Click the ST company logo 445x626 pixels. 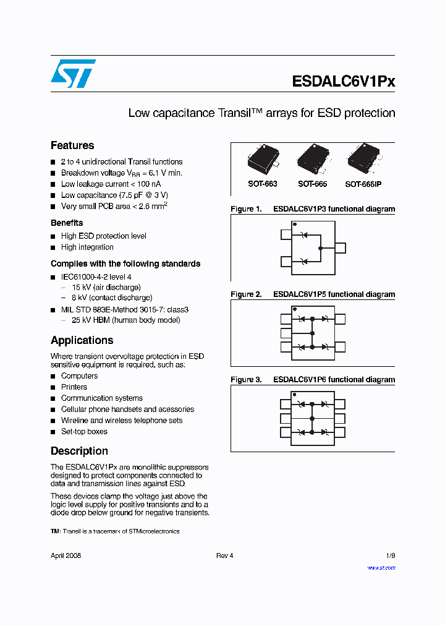click(73, 74)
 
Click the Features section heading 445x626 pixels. click(72, 145)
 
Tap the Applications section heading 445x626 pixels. click(82, 340)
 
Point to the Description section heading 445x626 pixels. click(79, 451)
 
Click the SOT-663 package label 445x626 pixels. click(262, 184)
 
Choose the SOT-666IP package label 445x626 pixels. click(363, 184)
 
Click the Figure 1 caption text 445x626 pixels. click(312, 209)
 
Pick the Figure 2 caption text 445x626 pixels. click(312, 294)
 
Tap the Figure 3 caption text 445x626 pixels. click(312, 380)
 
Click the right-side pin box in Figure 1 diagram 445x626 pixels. click(341, 248)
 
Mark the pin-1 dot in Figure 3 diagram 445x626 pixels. click(294, 394)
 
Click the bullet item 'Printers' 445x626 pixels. click(74, 387)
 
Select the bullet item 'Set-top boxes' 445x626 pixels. click(84, 432)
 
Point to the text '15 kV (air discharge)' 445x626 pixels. click(106, 287)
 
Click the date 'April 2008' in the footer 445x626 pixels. click(66, 555)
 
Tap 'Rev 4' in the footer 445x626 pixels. click(224, 555)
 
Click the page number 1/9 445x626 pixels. click(390, 555)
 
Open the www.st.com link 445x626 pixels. click(381, 567)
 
